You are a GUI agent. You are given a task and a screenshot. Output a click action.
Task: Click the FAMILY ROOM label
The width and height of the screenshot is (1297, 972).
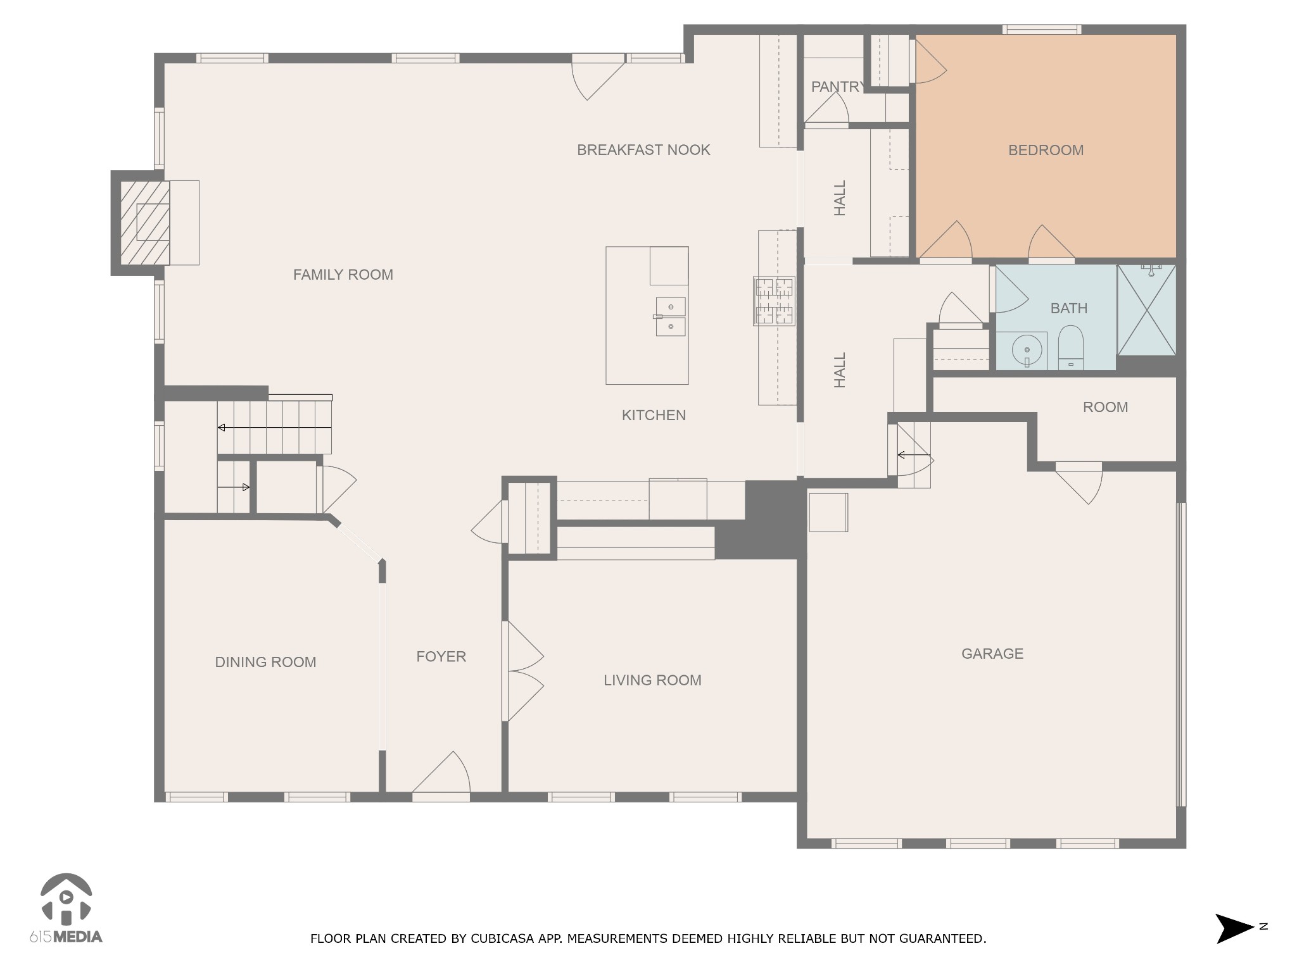(343, 275)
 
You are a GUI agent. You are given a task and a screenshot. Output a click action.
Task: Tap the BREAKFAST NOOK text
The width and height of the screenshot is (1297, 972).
(643, 150)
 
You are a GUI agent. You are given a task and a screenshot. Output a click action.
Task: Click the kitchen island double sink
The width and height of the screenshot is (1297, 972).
(670, 316)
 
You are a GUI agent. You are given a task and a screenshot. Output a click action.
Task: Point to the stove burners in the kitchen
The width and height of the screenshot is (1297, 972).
(774, 301)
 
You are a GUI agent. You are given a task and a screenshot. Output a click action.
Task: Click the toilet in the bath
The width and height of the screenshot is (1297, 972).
(1071, 347)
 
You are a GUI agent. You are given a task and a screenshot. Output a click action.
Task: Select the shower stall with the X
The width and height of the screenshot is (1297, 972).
(1146, 309)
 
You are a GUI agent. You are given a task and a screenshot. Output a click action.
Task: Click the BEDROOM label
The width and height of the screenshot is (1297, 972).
(1046, 150)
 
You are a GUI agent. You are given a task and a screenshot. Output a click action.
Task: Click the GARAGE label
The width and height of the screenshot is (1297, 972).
(992, 654)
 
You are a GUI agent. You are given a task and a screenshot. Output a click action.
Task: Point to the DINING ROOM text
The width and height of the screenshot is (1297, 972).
(265, 662)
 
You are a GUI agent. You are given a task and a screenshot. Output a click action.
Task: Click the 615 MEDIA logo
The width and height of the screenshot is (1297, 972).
(66, 908)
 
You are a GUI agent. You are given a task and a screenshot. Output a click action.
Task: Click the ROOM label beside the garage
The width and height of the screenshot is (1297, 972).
(1105, 407)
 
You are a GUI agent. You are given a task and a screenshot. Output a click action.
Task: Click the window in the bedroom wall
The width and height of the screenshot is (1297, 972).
(1041, 29)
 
